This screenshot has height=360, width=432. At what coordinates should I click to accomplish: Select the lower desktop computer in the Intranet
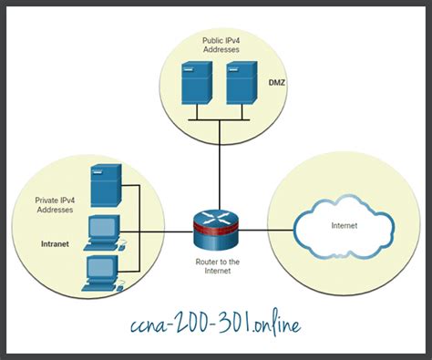(x=100, y=272)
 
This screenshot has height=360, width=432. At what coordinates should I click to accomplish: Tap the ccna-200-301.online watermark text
(x=215, y=323)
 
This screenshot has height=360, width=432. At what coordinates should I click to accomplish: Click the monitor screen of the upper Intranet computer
(x=101, y=225)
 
